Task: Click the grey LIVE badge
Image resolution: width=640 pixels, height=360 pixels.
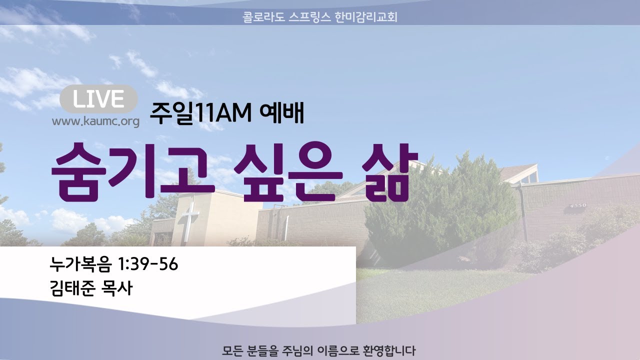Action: coord(98,99)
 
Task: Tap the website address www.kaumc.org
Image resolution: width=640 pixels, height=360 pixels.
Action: coord(95,121)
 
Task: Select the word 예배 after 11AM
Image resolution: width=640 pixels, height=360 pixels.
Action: coord(281,113)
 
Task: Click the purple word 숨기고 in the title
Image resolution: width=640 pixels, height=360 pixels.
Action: coord(132,171)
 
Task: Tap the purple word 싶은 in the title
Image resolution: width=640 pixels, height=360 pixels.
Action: coord(288,171)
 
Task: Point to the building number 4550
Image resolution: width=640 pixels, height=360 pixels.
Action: coord(578,205)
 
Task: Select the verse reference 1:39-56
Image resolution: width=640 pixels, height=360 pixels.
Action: coord(148,263)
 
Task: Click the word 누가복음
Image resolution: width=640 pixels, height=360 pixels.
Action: coord(81,263)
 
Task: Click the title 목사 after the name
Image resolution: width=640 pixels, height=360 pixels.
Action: coord(117,288)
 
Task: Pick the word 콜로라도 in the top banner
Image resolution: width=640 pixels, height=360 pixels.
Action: coord(263,17)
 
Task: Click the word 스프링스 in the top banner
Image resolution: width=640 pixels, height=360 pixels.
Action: coord(309,17)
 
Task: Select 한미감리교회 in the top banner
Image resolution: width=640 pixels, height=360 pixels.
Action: coord(366,17)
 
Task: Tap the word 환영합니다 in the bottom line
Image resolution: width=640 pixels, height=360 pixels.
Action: coord(389,350)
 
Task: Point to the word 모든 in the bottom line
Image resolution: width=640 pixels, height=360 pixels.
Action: coord(232,350)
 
